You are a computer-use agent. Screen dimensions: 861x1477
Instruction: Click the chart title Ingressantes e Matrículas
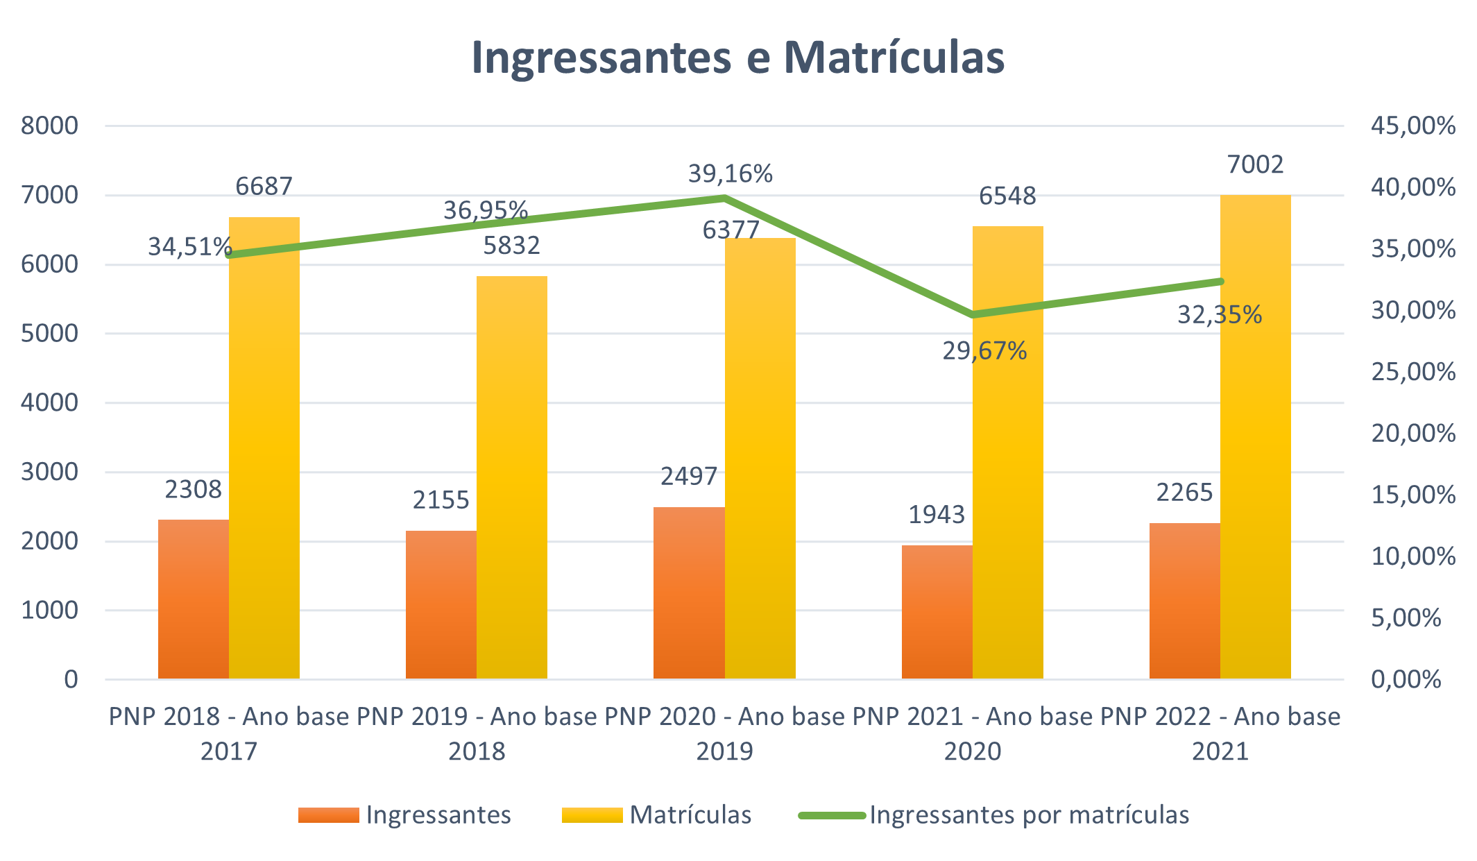(737, 57)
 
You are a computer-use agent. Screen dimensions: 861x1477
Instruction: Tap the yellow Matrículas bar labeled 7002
(1255, 437)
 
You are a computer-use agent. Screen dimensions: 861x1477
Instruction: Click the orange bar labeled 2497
(689, 593)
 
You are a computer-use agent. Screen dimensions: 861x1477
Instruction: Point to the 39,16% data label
(730, 173)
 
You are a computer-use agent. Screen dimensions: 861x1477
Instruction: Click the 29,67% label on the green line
(984, 351)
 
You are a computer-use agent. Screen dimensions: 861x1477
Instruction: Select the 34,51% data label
(189, 246)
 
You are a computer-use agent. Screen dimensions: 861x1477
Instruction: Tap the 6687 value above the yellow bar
(264, 186)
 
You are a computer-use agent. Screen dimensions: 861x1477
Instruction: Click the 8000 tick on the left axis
(49, 126)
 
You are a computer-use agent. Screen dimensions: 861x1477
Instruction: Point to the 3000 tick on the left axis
(49, 472)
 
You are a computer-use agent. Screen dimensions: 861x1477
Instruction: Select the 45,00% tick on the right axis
(1412, 126)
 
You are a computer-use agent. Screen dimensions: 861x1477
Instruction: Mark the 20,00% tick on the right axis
(1412, 434)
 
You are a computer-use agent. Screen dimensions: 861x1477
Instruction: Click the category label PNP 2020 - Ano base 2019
(724, 733)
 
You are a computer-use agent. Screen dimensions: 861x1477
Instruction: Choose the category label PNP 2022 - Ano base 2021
(1220, 733)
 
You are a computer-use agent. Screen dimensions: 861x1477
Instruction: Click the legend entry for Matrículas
(690, 815)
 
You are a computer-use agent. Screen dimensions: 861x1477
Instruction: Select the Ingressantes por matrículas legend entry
(1029, 815)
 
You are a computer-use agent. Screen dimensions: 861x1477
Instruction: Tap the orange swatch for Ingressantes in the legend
(328, 815)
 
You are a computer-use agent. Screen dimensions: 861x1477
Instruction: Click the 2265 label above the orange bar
(1184, 493)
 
